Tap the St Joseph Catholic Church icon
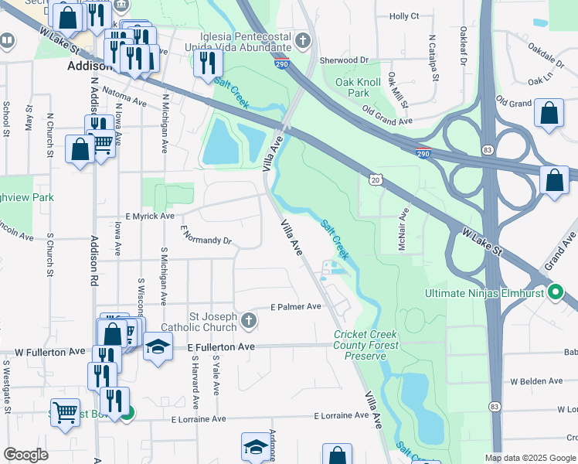[x=248, y=320]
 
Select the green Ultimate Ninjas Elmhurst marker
[x=554, y=292]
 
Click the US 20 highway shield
[x=376, y=179]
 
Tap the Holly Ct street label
[x=404, y=15]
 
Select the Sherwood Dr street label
[x=343, y=60]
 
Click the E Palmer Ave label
[x=295, y=306]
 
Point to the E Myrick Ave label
[x=150, y=217]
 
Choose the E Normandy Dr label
[x=206, y=235]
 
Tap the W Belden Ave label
[x=536, y=381]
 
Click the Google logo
[x=26, y=455]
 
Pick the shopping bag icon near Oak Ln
[x=549, y=113]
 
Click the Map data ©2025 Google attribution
[x=530, y=458]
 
